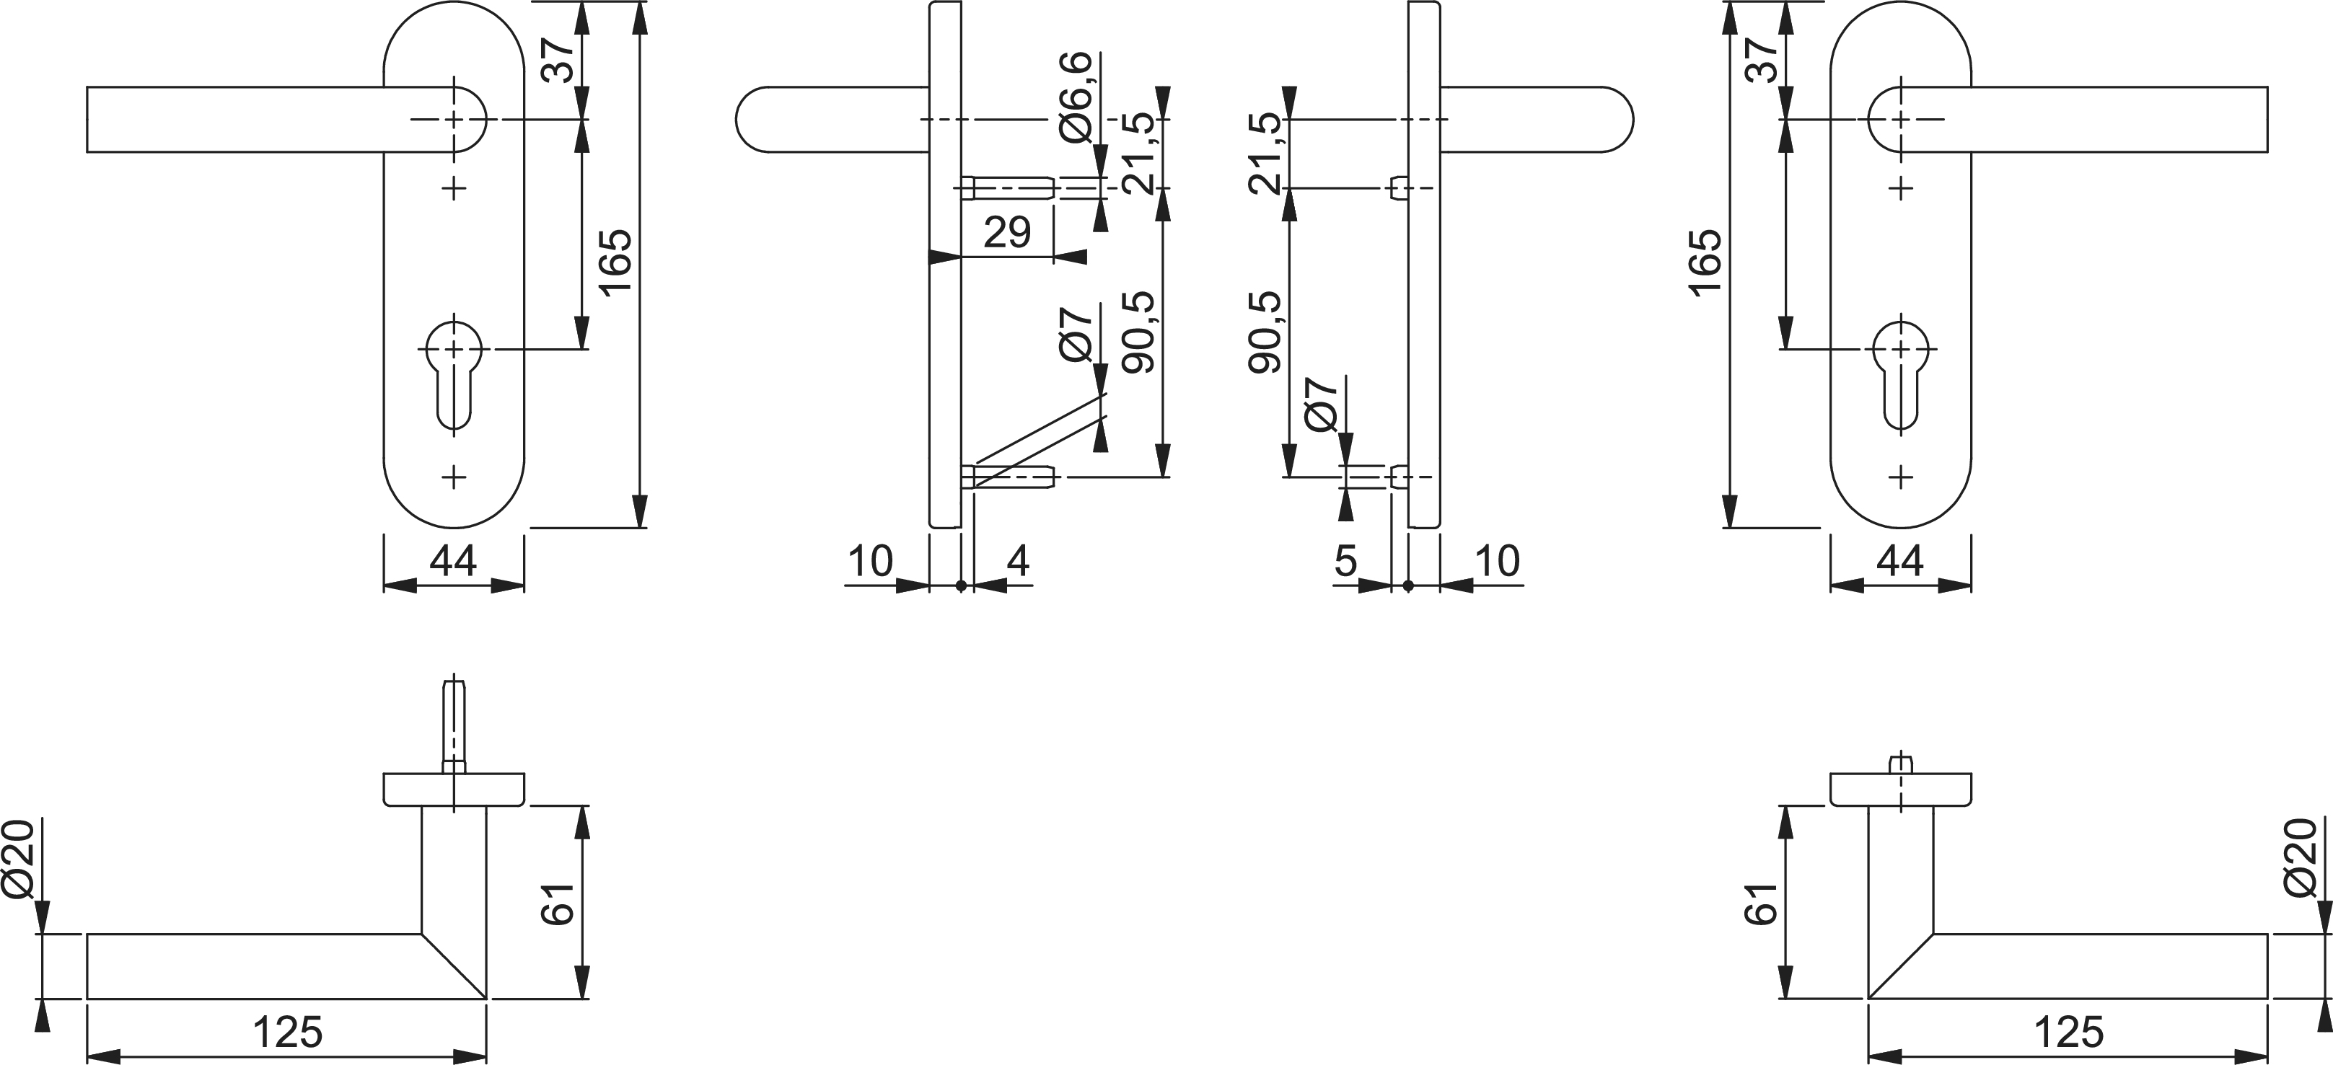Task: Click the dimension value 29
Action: [1007, 233]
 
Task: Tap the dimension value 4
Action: [1018, 562]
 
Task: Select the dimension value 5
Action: [1346, 562]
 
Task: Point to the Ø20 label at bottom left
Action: [20, 859]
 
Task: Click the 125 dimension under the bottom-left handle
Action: [287, 1032]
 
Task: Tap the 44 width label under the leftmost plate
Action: [453, 562]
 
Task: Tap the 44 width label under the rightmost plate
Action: [1900, 562]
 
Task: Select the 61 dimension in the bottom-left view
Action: [559, 903]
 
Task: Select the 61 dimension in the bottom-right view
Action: [1762, 903]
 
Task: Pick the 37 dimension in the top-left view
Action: [560, 60]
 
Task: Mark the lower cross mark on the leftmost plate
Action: [454, 477]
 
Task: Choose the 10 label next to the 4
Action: [870, 562]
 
